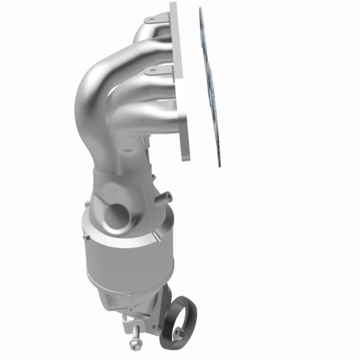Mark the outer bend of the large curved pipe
pyautogui.click(x=84, y=96)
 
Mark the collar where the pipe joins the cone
pyautogui.click(x=117, y=174)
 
